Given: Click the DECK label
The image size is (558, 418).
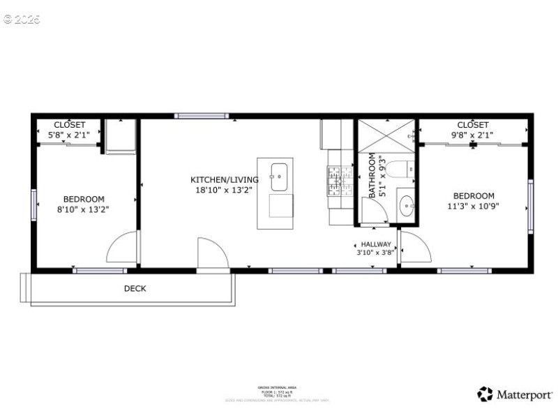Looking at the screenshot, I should pos(135,288).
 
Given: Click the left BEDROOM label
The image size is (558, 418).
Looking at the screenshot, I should pos(84,198).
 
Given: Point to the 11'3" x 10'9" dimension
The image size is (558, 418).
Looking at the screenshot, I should pos(474,206).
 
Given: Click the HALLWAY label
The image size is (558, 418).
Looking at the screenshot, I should pos(376,244).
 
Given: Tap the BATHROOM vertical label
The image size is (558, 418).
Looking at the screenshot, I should pos(372,175).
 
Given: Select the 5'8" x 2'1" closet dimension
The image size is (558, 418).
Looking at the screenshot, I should pos(69,135).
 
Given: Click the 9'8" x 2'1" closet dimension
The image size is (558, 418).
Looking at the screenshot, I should pos(473,135).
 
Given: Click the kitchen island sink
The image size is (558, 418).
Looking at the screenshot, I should pos(279,177).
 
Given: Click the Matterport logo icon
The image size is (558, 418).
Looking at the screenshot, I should pos(485,394).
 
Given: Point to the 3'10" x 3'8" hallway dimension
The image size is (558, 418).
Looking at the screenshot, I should pos(376,253).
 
